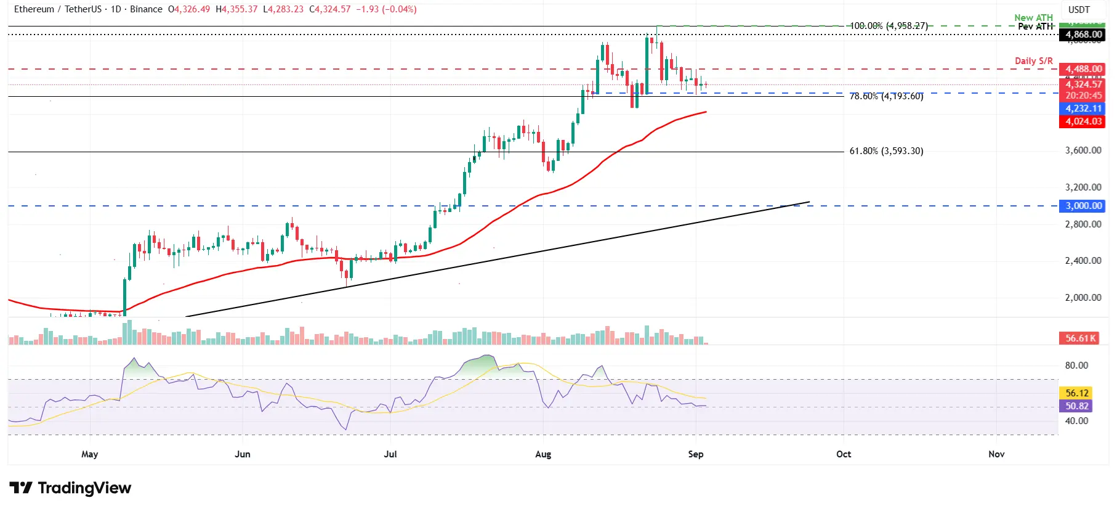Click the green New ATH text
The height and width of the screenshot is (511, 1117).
[x=1033, y=17]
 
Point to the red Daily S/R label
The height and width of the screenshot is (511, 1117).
[x=1033, y=60]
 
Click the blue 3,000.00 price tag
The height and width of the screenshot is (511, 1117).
[x=1083, y=206]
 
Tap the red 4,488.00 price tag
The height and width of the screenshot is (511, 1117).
[x=1083, y=69]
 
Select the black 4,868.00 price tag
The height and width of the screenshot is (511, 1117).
[x=1083, y=35]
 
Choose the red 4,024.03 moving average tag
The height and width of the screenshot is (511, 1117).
[x=1083, y=121]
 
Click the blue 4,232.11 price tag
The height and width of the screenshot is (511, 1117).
[x=1083, y=108]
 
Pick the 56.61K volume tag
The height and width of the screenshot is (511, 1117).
[x=1081, y=338]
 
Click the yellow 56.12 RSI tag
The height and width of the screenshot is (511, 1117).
[x=1076, y=393]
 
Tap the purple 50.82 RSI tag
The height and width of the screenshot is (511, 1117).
[x=1076, y=406]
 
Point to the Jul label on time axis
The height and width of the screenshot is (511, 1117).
[x=390, y=454]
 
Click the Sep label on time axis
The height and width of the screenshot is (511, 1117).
[x=695, y=454]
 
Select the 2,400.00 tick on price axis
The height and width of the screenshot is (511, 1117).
[x=1083, y=261]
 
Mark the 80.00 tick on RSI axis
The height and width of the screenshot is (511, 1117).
[x=1076, y=366]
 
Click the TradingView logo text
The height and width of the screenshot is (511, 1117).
[x=84, y=488]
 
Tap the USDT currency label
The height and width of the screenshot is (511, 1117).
[x=1078, y=10]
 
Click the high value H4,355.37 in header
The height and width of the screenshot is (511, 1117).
[x=236, y=9]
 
